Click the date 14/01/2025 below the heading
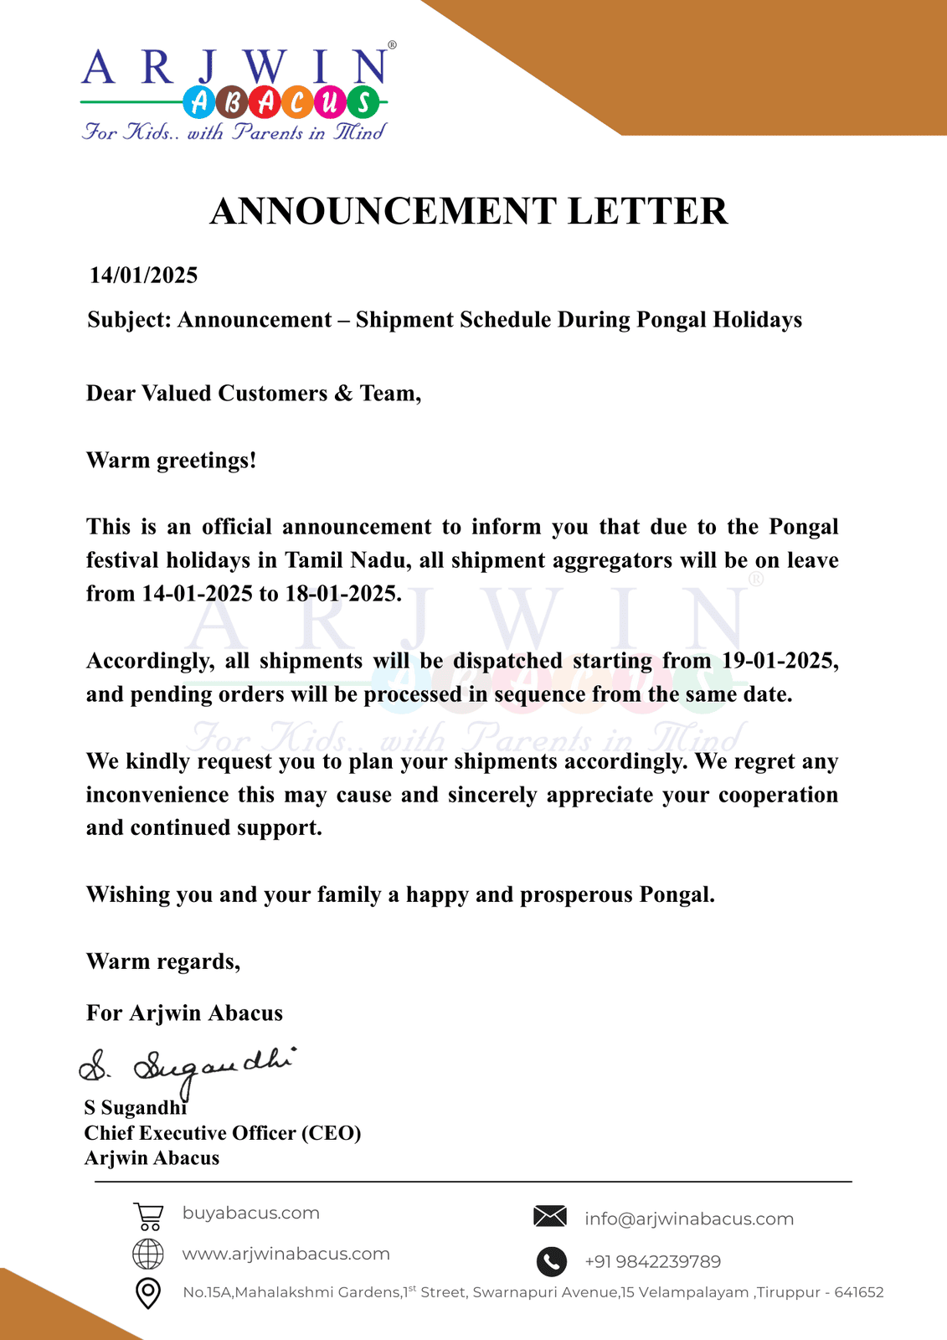(x=144, y=276)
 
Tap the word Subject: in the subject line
(x=129, y=320)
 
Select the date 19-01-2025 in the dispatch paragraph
(x=780, y=661)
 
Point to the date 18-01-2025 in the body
(x=342, y=594)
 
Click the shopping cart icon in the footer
(x=148, y=1215)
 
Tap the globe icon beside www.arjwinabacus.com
(x=148, y=1254)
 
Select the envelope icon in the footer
(x=550, y=1217)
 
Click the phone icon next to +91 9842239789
(x=551, y=1261)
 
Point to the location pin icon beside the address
(x=148, y=1293)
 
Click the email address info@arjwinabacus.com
(x=689, y=1219)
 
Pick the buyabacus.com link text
(x=251, y=1213)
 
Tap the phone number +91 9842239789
(x=652, y=1262)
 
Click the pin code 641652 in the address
(x=859, y=1292)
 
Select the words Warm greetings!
(x=172, y=461)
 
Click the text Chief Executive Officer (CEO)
(x=223, y=1133)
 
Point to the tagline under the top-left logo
(x=234, y=132)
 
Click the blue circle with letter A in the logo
(x=199, y=102)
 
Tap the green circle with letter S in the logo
(x=363, y=102)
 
